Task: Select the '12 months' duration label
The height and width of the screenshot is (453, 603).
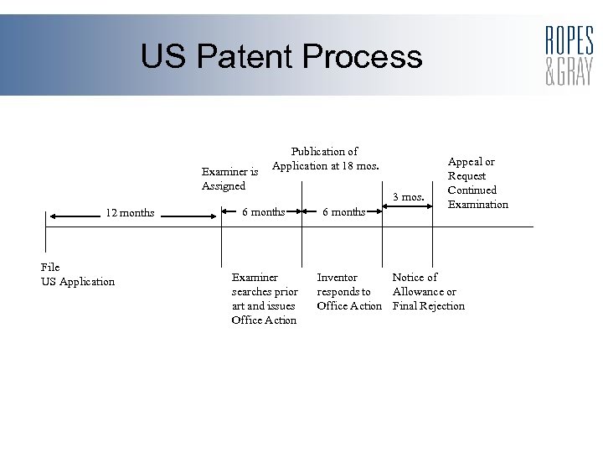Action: coord(130,212)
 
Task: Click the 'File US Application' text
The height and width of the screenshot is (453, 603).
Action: coord(77,274)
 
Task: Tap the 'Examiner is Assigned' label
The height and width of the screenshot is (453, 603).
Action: coord(229,179)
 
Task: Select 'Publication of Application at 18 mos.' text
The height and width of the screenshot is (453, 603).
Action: coord(324,159)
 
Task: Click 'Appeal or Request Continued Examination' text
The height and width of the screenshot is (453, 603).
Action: coord(477,183)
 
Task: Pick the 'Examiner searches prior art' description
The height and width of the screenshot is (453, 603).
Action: coord(265,298)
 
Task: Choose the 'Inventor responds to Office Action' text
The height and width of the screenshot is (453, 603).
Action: coord(349,291)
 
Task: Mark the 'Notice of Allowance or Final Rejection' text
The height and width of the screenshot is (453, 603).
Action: coord(428,291)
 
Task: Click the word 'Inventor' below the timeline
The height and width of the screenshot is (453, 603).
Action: coord(337,277)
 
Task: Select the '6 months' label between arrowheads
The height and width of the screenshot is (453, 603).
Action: coord(263,211)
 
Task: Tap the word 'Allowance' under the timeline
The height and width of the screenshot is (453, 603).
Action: coord(417,291)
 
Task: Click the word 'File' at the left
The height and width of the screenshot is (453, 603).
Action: coord(50,267)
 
